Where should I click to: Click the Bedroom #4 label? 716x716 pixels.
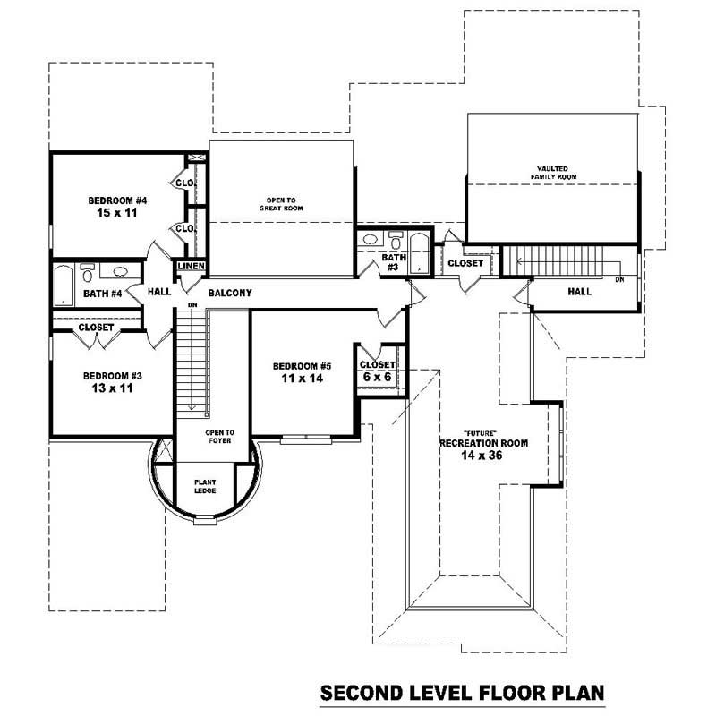click(x=116, y=200)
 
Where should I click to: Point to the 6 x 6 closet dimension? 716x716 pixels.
click(x=377, y=378)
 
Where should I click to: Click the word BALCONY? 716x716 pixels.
click(x=230, y=293)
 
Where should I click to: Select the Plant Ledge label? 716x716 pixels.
click(x=206, y=486)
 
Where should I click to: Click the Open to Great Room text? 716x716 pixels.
click(x=284, y=204)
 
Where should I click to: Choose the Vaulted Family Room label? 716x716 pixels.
click(x=556, y=173)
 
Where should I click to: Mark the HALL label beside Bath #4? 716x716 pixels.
click(x=159, y=292)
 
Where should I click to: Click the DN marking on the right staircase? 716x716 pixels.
click(x=619, y=280)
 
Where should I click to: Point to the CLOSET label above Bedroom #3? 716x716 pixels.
click(x=95, y=328)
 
